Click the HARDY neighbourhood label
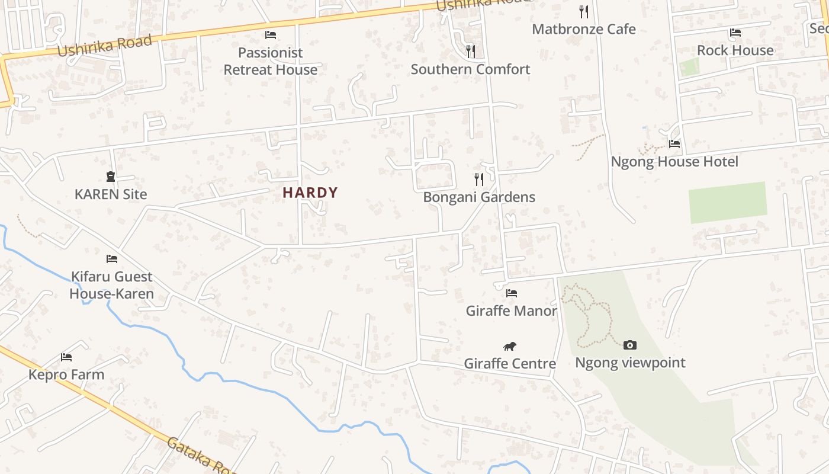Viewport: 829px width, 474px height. click(310, 193)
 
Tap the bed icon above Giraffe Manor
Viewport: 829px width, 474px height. click(512, 293)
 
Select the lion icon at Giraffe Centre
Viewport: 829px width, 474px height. click(510, 346)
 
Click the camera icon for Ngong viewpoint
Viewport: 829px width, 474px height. click(630, 345)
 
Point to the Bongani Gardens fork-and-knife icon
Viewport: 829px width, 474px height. click(479, 179)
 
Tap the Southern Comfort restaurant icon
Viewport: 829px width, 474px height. click(471, 52)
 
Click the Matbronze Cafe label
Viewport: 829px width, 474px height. click(584, 29)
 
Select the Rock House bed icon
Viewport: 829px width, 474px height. click(735, 33)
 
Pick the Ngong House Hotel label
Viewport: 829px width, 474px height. click(674, 162)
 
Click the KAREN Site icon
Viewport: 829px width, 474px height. click(111, 176)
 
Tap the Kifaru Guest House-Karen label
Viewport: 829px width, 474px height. click(111, 285)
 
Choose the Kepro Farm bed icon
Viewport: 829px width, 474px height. click(66, 357)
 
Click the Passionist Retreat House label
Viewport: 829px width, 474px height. click(271, 61)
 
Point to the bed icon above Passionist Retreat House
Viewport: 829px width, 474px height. click(271, 34)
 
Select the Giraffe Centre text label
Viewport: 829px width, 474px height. click(510, 363)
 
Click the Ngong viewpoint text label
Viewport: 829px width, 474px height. click(630, 363)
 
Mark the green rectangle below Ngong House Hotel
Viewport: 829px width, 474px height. click(728, 202)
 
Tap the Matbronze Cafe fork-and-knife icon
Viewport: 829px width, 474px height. click(584, 11)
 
